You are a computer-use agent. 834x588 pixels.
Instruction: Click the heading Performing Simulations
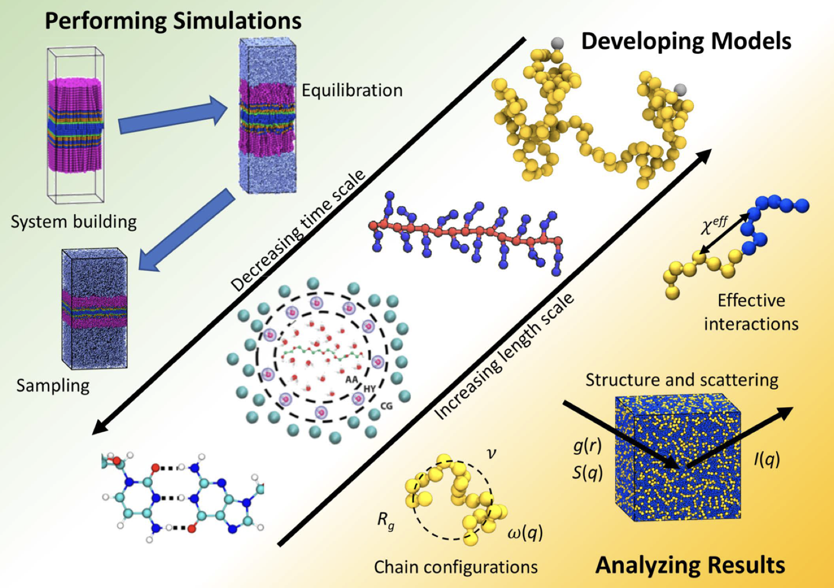pyautogui.click(x=173, y=21)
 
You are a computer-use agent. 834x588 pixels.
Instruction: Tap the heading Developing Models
pyautogui.click(x=685, y=41)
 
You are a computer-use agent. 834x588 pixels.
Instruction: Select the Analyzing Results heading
pyautogui.click(x=690, y=565)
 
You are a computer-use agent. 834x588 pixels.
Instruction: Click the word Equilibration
pyautogui.click(x=352, y=90)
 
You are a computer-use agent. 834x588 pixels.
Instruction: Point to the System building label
pyautogui.click(x=74, y=221)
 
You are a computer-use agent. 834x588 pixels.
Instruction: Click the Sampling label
pyautogui.click(x=53, y=385)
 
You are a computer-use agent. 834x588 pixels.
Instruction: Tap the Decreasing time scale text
pyautogui.click(x=298, y=231)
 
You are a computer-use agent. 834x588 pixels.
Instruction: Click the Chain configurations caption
pyautogui.click(x=456, y=567)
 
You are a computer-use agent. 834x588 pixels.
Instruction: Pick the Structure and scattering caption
pyautogui.click(x=682, y=380)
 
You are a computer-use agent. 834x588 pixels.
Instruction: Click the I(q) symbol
pyautogui.click(x=766, y=458)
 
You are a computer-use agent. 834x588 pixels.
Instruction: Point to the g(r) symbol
pyautogui.click(x=588, y=446)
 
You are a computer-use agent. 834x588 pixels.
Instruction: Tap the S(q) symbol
pyautogui.click(x=588, y=472)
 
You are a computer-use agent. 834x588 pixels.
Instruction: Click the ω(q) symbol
pyautogui.click(x=525, y=532)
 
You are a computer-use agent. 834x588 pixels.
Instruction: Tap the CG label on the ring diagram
pyautogui.click(x=386, y=406)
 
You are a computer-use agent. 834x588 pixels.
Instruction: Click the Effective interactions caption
pyautogui.click(x=751, y=312)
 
